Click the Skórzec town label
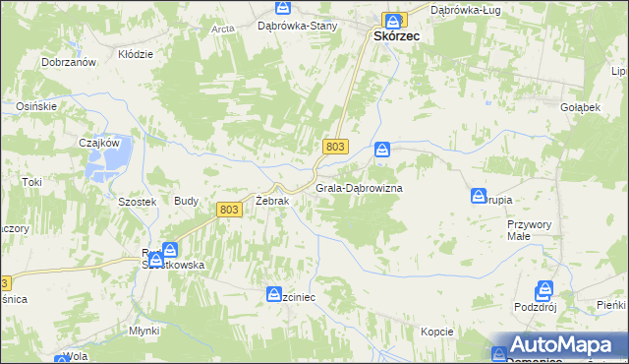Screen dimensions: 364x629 click(397, 34)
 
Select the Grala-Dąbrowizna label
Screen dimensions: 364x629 click(360, 187)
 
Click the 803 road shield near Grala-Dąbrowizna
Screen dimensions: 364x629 click(335, 146)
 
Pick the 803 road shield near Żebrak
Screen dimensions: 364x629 click(229, 209)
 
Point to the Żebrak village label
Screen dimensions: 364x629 click(272, 201)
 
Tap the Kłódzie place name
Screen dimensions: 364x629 click(136, 54)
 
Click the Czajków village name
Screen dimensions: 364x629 click(99, 142)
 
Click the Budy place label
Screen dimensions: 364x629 click(187, 201)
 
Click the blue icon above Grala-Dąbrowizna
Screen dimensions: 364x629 click(382, 151)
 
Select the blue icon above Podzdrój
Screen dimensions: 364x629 click(543, 290)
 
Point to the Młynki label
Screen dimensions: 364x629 click(143, 331)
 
